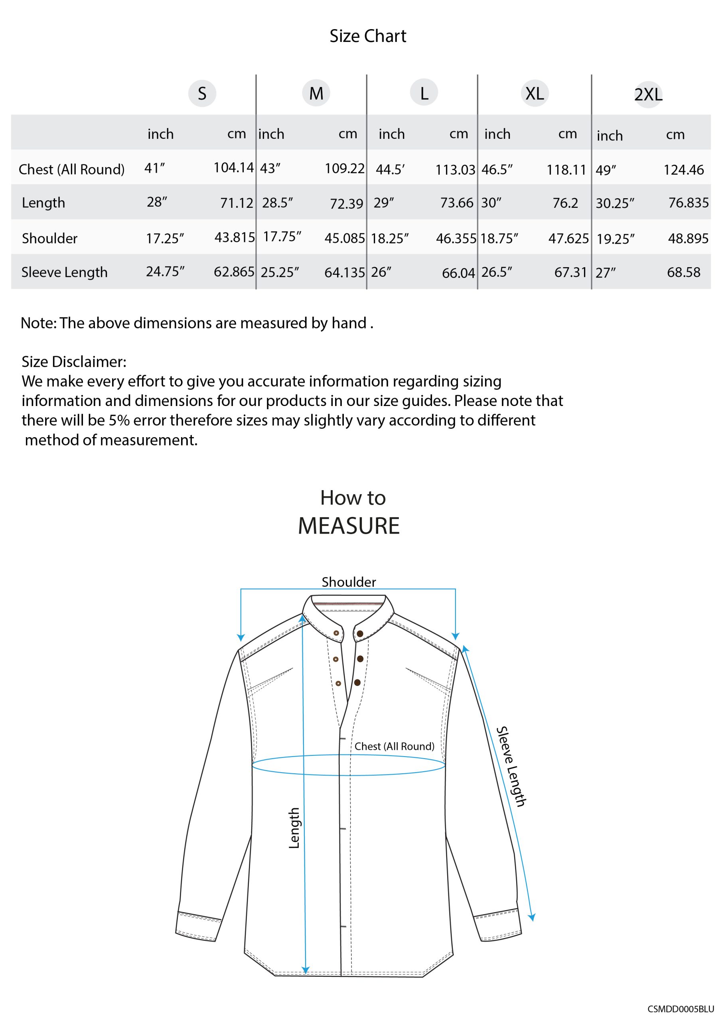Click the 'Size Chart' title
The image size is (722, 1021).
367,36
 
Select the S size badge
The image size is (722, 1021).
202,93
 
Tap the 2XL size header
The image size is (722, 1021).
648,95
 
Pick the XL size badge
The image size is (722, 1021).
534,93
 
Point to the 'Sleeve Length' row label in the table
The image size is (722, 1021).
65,272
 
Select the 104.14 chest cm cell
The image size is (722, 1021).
233,168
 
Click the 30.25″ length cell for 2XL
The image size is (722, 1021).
615,203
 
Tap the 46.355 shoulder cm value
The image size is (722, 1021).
456,239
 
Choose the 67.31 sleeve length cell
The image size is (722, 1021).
570,272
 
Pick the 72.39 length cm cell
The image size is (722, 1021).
346,204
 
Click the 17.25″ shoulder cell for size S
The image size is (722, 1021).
165,239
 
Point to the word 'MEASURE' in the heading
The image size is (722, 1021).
349,526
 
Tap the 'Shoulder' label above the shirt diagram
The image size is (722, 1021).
349,582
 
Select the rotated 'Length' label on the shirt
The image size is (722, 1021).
294,828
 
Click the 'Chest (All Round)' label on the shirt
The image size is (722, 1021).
394,747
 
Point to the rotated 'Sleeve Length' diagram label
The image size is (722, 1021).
511,767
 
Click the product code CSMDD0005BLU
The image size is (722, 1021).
680,1009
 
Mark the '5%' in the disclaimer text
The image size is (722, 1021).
119,420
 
